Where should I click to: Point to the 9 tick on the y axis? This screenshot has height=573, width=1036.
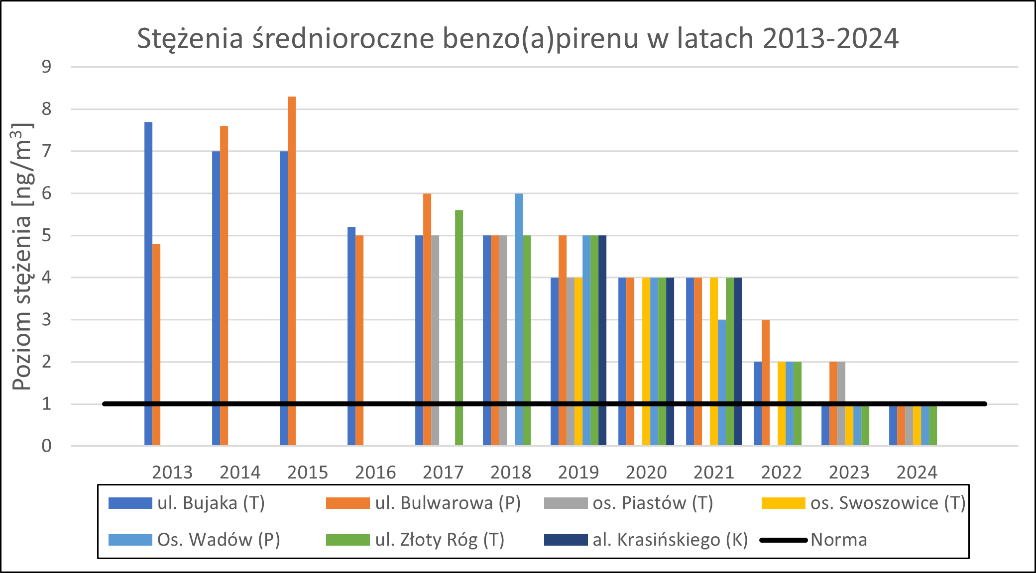click(x=46, y=67)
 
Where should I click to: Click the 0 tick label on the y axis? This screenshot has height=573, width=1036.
click(x=46, y=446)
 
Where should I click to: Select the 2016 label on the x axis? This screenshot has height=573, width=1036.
click(x=375, y=472)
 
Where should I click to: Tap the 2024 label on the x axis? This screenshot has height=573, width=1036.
click(x=917, y=472)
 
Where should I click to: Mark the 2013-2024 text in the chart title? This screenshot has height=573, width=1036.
click(x=830, y=39)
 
